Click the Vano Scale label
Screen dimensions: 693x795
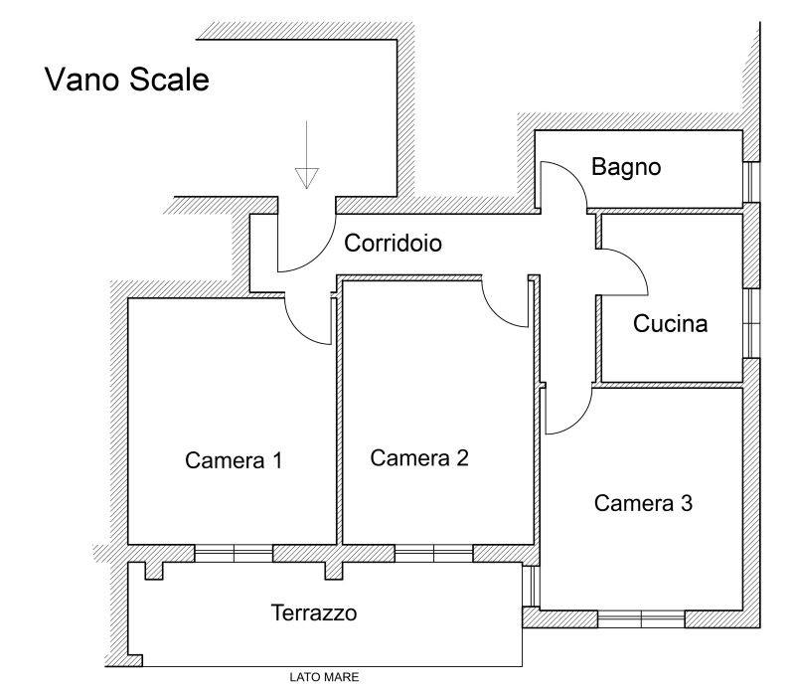pyautogui.click(x=126, y=80)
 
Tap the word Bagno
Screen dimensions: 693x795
pyautogui.click(x=626, y=167)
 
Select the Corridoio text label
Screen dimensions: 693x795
pyautogui.click(x=393, y=243)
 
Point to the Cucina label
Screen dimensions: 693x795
pyautogui.click(x=671, y=323)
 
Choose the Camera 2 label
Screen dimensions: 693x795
pyautogui.click(x=418, y=457)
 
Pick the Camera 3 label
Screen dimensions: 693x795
pyautogui.click(x=643, y=503)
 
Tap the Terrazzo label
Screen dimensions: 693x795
pyautogui.click(x=314, y=612)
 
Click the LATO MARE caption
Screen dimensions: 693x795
pyautogui.click(x=324, y=678)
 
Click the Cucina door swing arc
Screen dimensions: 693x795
pyautogui.click(x=626, y=272)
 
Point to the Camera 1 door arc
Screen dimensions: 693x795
pyautogui.click(x=308, y=323)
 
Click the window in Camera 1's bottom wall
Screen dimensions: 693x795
pyautogui.click(x=234, y=554)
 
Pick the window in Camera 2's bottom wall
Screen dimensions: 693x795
pyautogui.click(x=433, y=554)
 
